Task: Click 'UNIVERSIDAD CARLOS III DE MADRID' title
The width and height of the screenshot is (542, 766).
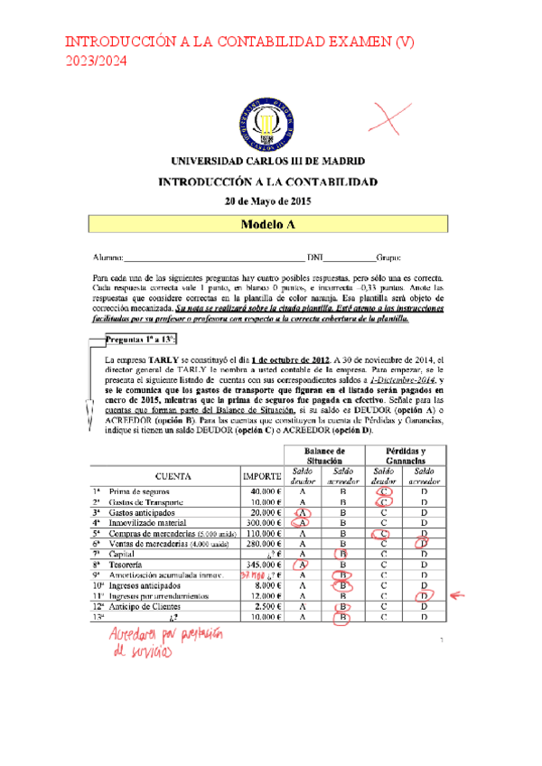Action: [x=268, y=161]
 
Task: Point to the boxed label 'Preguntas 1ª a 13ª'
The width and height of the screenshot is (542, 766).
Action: [x=139, y=340]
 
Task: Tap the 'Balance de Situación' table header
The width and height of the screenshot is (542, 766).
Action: [x=323, y=456]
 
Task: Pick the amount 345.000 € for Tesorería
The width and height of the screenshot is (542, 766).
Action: [x=264, y=564]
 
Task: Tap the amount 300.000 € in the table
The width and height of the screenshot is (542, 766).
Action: [x=264, y=522]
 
